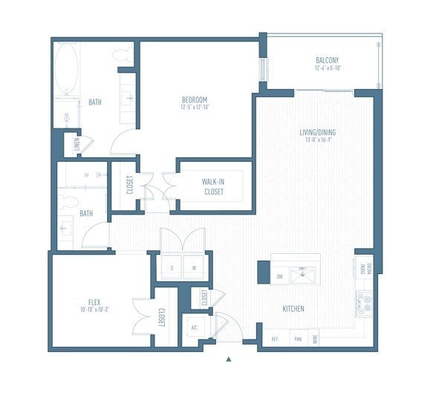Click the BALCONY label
[x=327, y=60]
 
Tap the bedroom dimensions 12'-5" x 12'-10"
[x=194, y=108]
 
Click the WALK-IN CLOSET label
[x=215, y=186]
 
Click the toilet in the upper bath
[x=124, y=55]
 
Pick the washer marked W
[x=194, y=267]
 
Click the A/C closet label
[x=193, y=327]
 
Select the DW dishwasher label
[x=279, y=276]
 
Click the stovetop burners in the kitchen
[x=364, y=303]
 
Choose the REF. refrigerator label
[x=275, y=339]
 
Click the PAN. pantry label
[x=297, y=339]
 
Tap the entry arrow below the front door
[x=229, y=359]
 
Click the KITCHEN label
[x=293, y=309]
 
